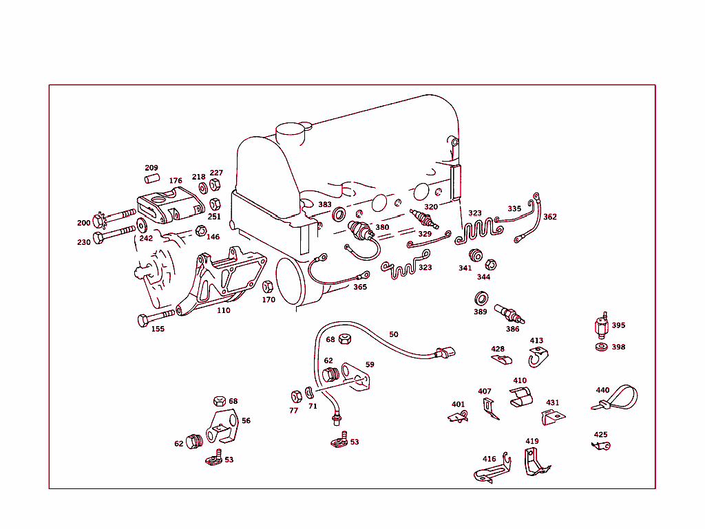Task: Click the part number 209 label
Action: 151,168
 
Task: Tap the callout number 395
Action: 618,325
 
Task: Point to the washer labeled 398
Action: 601,347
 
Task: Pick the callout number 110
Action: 224,310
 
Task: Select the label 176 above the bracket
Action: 176,181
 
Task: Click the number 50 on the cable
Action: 393,334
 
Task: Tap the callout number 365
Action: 360,287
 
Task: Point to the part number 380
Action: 381,227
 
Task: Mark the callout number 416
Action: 489,459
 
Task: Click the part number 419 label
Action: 532,441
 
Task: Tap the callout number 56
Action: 246,420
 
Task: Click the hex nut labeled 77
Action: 297,396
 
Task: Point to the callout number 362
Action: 549,217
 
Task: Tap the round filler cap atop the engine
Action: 289,131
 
